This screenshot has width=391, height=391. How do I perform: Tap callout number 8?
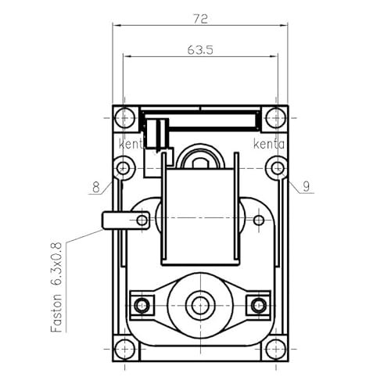96,187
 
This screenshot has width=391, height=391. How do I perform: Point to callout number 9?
307,186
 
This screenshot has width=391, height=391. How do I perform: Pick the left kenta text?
134,145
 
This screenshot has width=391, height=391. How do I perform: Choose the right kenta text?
268,145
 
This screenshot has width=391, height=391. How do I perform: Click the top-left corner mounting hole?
124,119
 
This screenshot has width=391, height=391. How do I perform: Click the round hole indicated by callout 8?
123,167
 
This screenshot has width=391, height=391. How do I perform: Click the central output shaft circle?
199,303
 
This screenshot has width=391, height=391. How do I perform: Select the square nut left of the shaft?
143,303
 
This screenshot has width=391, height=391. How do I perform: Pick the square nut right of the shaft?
256,303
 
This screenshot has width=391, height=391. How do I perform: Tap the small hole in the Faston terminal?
142,221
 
